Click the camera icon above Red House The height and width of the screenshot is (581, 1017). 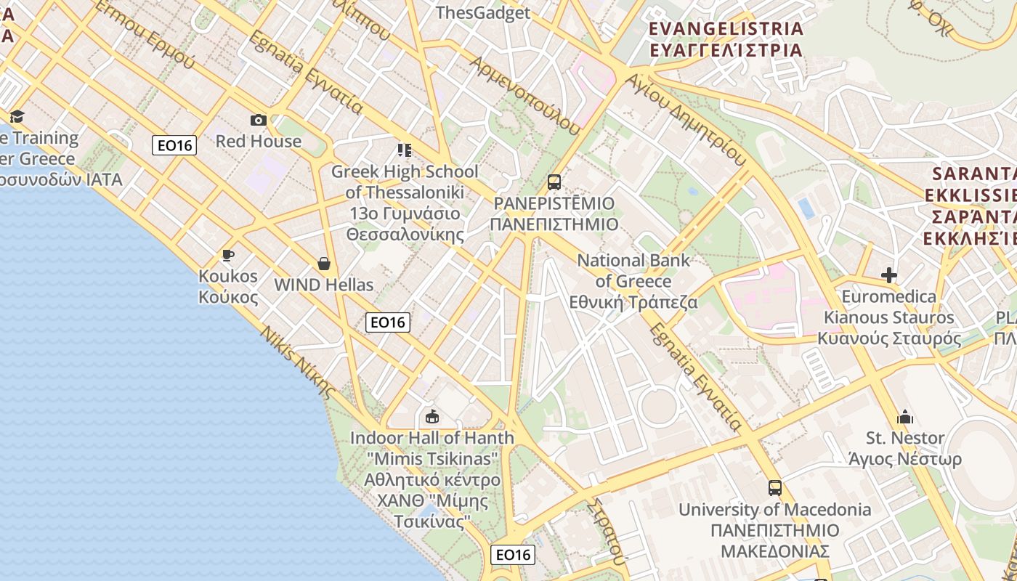pos(258,120)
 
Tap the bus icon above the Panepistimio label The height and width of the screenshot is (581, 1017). pos(554,182)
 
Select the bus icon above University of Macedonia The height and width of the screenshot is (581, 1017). pos(775,487)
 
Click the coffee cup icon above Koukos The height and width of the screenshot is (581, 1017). pos(228,255)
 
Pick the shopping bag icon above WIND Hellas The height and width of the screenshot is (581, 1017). pos(324,263)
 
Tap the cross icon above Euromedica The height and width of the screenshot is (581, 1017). pos(888,275)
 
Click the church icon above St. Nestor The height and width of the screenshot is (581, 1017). pos(905,417)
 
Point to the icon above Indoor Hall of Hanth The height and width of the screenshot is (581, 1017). pos(432,416)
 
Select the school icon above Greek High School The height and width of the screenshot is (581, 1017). pos(405,150)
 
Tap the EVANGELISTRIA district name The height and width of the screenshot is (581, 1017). pos(726,29)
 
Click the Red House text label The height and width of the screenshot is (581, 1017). pos(258,141)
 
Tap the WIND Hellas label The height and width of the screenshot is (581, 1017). pos(324,285)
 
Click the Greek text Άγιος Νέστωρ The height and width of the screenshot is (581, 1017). pos(905,459)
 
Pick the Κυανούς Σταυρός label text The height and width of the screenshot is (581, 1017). pos(889,338)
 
